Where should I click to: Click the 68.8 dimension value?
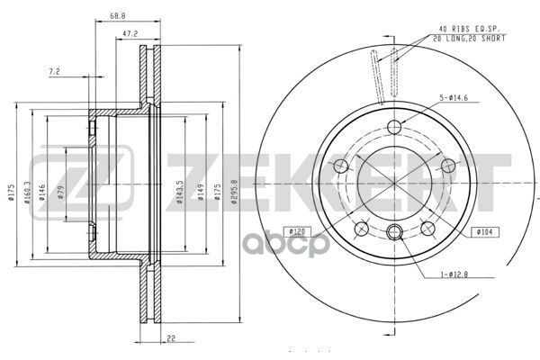tap(118, 16)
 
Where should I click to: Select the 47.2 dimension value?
tap(130, 34)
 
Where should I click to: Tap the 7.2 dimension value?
tap(54, 72)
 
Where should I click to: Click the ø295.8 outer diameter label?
tap(235, 192)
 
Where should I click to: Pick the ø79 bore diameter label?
tap(61, 192)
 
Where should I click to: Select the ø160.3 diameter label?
tap(28, 193)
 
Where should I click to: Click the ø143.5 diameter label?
tap(180, 193)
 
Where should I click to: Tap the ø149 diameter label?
tap(201, 192)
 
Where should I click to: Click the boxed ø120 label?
tap(297, 232)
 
